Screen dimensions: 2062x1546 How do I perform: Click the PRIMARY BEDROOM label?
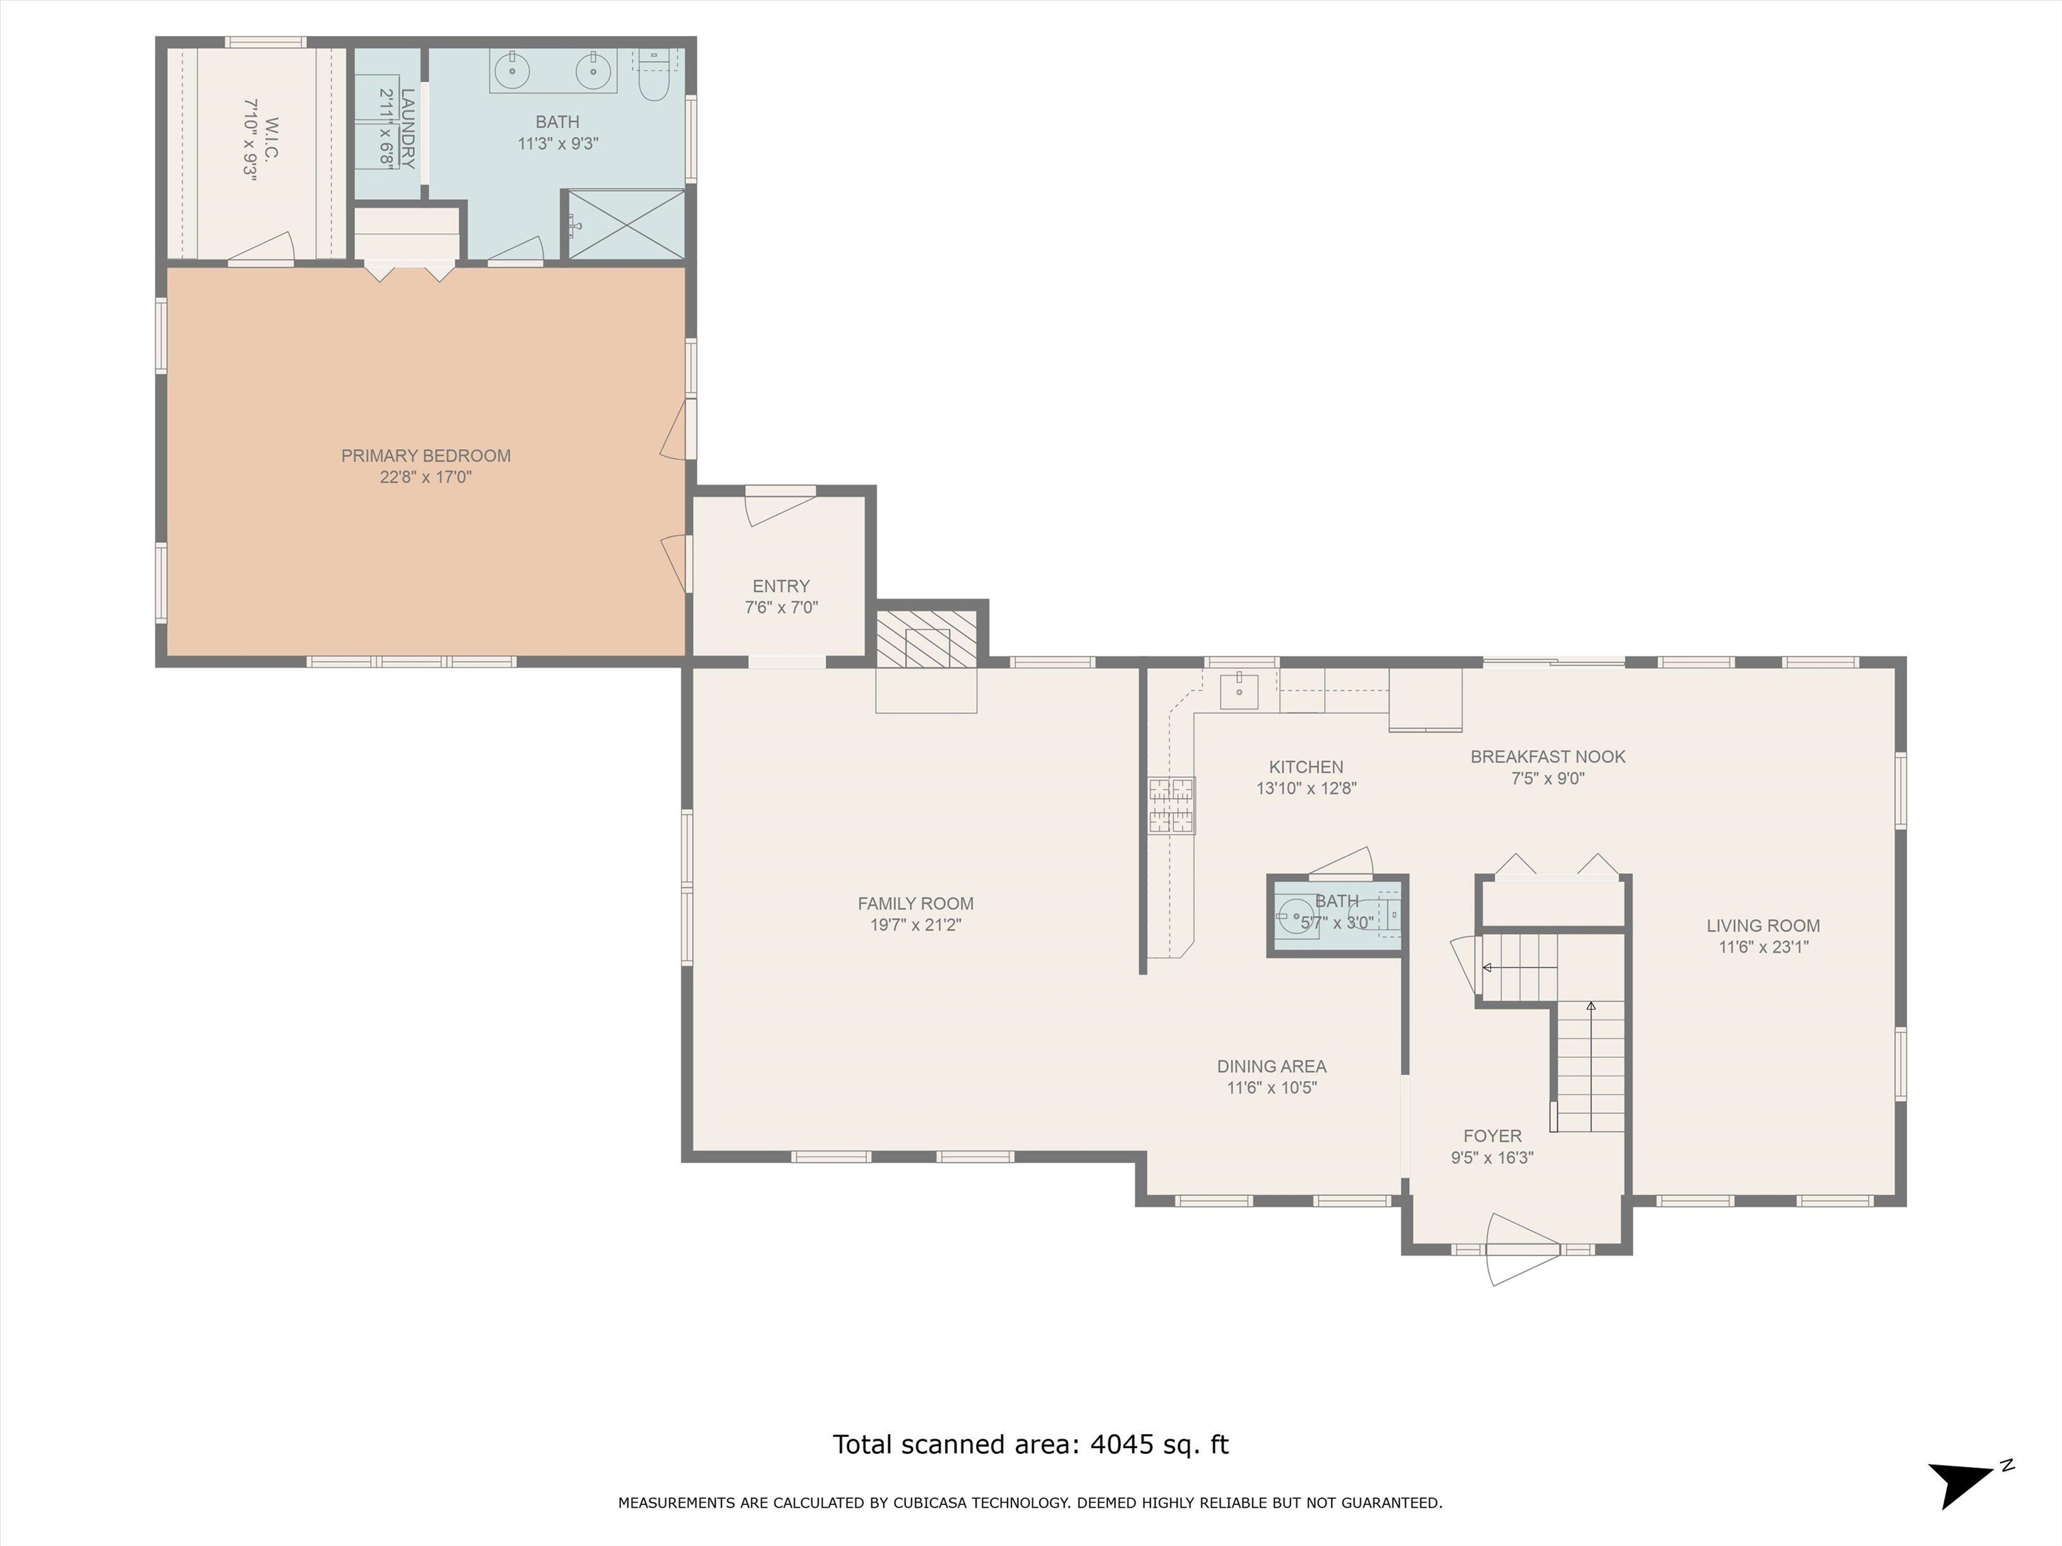tap(426, 456)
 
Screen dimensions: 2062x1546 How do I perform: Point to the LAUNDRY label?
tap(407, 129)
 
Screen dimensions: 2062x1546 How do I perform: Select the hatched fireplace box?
tap(926, 638)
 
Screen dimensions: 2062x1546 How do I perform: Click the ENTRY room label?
tap(781, 586)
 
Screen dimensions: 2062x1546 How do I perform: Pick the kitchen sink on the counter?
tap(1239, 690)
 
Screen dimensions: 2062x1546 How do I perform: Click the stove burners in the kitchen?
tap(1172, 805)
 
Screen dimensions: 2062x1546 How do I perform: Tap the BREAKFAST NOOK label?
tap(1547, 757)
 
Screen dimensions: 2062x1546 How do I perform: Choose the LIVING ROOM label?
tap(1763, 925)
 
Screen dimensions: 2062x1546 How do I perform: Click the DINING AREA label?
tap(1271, 1066)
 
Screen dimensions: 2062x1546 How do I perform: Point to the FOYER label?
tap(1492, 1136)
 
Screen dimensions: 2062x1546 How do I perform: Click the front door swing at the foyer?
tap(1522, 1249)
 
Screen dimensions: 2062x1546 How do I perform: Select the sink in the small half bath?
tap(1295, 916)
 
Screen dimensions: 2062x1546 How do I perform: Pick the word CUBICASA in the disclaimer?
tap(934, 1502)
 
